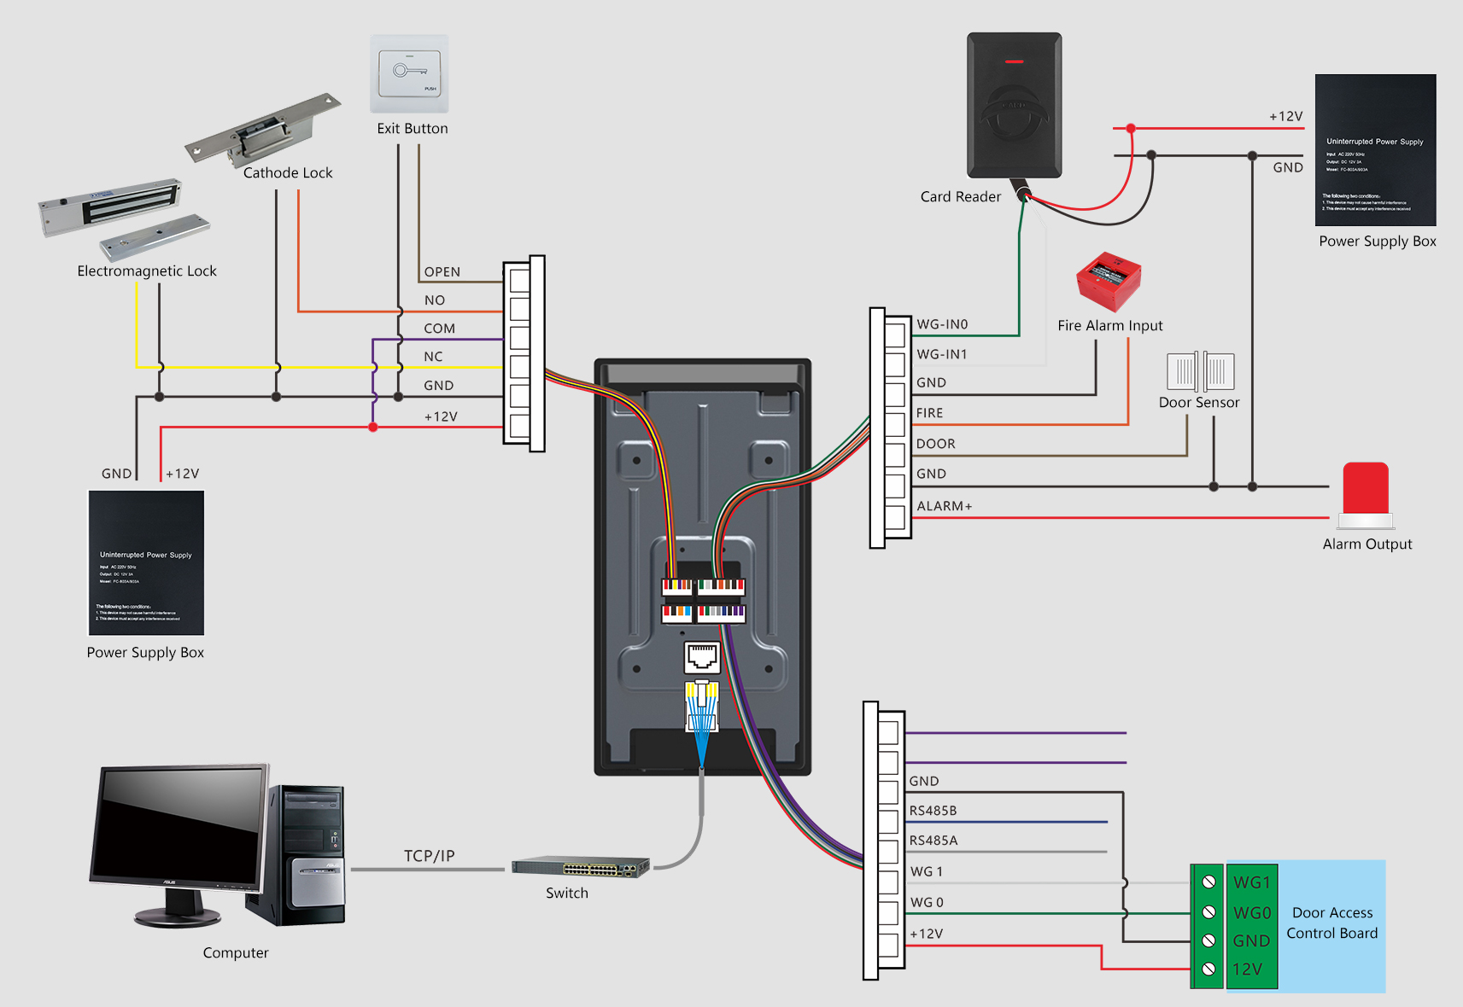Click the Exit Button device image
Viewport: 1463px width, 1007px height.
point(409,74)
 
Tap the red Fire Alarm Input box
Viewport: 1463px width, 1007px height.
point(1109,281)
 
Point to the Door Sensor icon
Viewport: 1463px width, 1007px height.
point(1200,371)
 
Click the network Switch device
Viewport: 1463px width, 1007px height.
point(581,867)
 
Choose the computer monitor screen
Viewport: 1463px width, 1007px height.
point(180,824)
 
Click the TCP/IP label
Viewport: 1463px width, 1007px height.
point(430,856)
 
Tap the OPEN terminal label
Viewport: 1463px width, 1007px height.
point(442,272)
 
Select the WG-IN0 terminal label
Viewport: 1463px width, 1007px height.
point(942,324)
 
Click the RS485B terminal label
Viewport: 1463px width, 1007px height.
point(933,811)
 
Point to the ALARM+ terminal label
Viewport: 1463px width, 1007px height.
point(944,506)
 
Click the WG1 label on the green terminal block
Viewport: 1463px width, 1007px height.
point(1252,882)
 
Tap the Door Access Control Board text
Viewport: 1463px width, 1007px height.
point(1332,923)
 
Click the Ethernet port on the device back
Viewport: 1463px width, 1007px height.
point(702,657)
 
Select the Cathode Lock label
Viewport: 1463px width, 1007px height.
point(288,173)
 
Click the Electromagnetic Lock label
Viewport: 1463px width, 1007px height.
point(147,271)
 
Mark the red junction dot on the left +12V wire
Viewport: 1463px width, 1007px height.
point(373,427)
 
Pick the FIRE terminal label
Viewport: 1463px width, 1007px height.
point(929,413)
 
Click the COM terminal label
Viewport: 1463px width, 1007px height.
point(439,329)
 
